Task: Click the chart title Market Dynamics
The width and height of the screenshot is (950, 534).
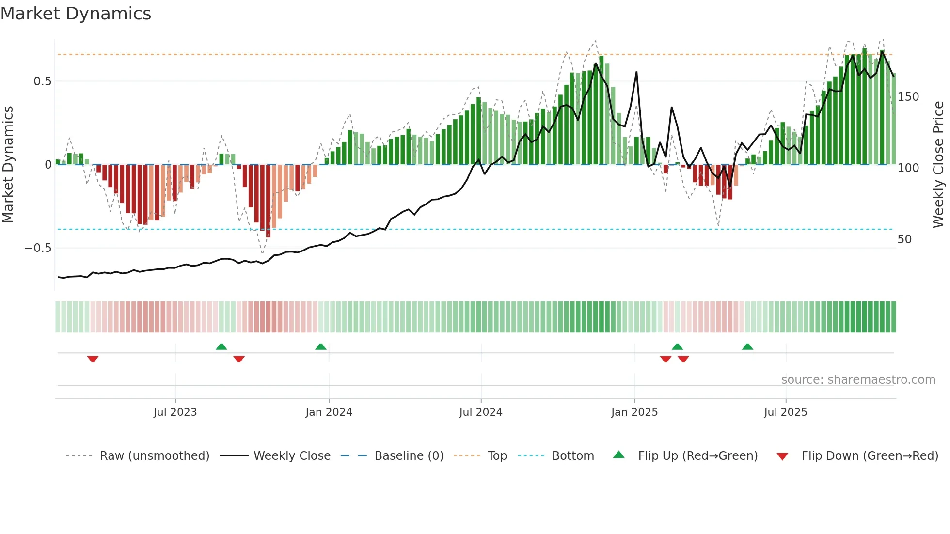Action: [76, 14]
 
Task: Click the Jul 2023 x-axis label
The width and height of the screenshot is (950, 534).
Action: [175, 412]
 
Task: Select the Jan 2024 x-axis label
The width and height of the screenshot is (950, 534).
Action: [329, 412]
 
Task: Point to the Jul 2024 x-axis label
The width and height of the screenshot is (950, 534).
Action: [480, 412]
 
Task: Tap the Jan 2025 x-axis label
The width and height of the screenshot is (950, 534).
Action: [634, 412]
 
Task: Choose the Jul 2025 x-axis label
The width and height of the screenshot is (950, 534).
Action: [785, 412]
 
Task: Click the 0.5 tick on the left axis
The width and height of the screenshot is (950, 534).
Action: [42, 81]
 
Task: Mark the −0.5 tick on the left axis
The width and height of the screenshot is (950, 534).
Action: [38, 248]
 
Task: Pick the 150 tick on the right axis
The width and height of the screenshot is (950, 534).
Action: [908, 97]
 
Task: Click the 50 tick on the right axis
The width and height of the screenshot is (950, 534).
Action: [904, 239]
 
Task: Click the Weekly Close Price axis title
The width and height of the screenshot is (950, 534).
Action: [938, 165]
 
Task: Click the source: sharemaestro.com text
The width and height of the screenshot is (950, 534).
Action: [858, 380]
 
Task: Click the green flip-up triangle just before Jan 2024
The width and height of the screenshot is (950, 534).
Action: [320, 346]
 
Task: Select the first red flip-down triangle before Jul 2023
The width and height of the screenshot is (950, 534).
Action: [93, 359]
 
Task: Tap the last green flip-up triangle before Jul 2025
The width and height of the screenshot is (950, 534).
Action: [747, 346]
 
